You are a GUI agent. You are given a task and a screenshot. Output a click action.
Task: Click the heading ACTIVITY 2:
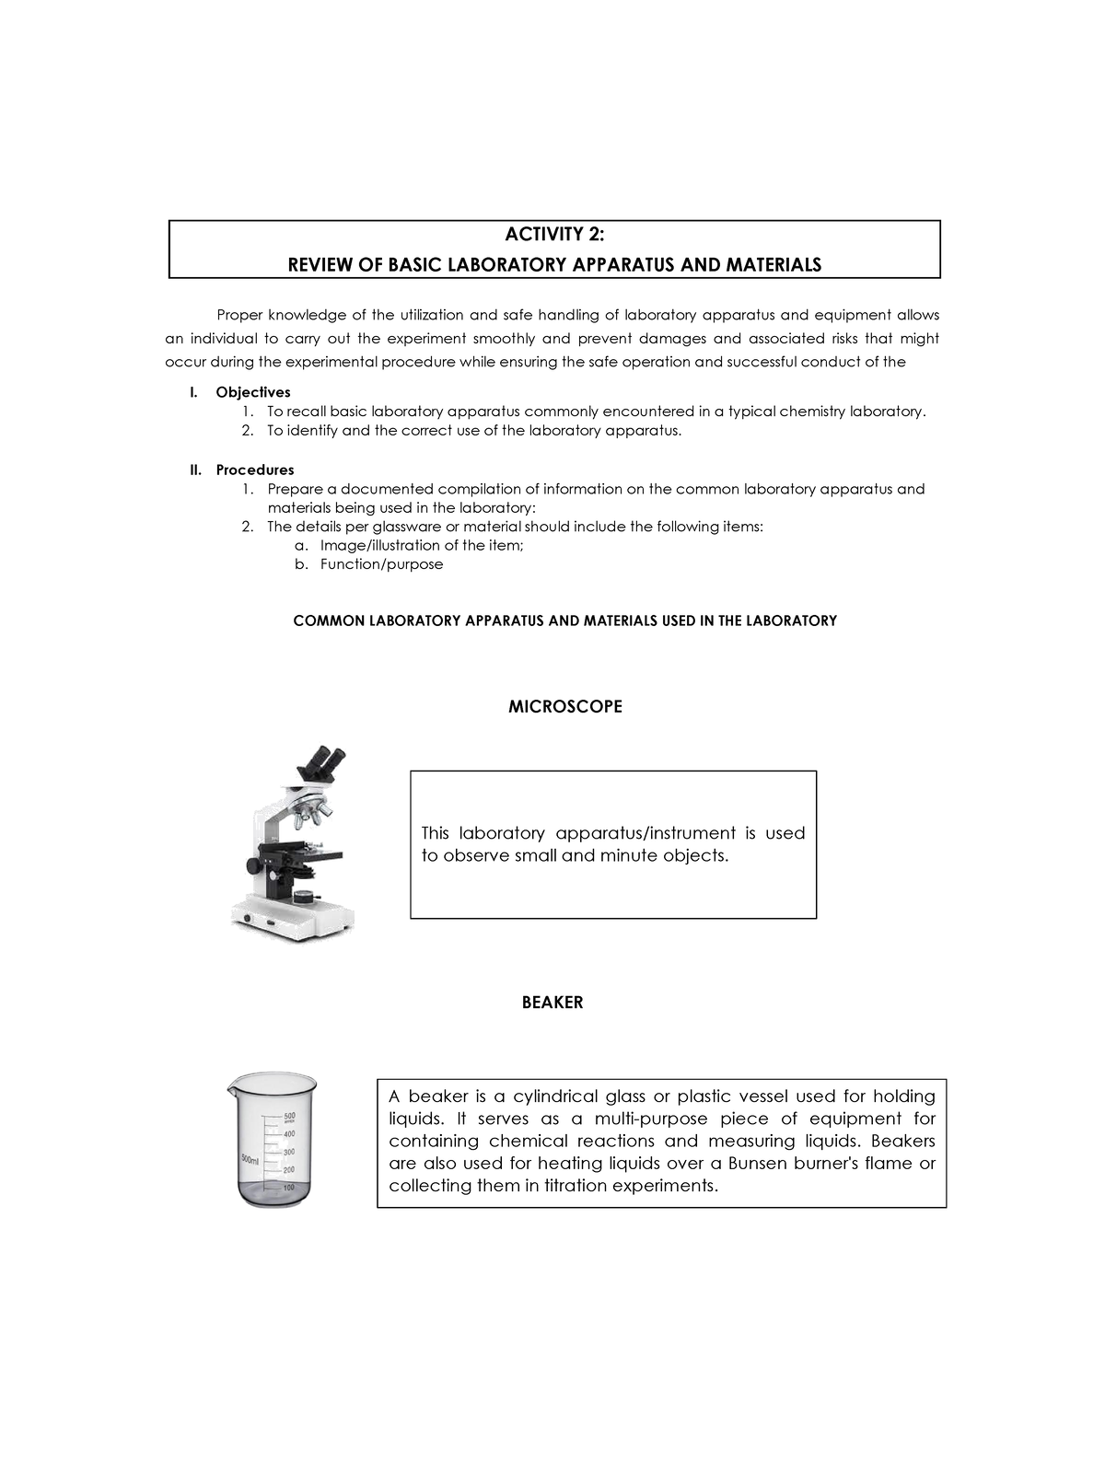(554, 234)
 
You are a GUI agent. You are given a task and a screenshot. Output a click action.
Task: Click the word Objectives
(253, 392)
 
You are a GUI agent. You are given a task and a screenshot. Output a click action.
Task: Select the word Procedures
(255, 470)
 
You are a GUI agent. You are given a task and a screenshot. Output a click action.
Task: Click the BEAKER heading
(552, 1003)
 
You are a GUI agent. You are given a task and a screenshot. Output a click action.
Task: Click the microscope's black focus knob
(253, 866)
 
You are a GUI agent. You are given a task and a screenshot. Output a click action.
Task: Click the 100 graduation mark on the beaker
(288, 1188)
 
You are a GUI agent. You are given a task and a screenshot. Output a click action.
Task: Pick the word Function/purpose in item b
(381, 564)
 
